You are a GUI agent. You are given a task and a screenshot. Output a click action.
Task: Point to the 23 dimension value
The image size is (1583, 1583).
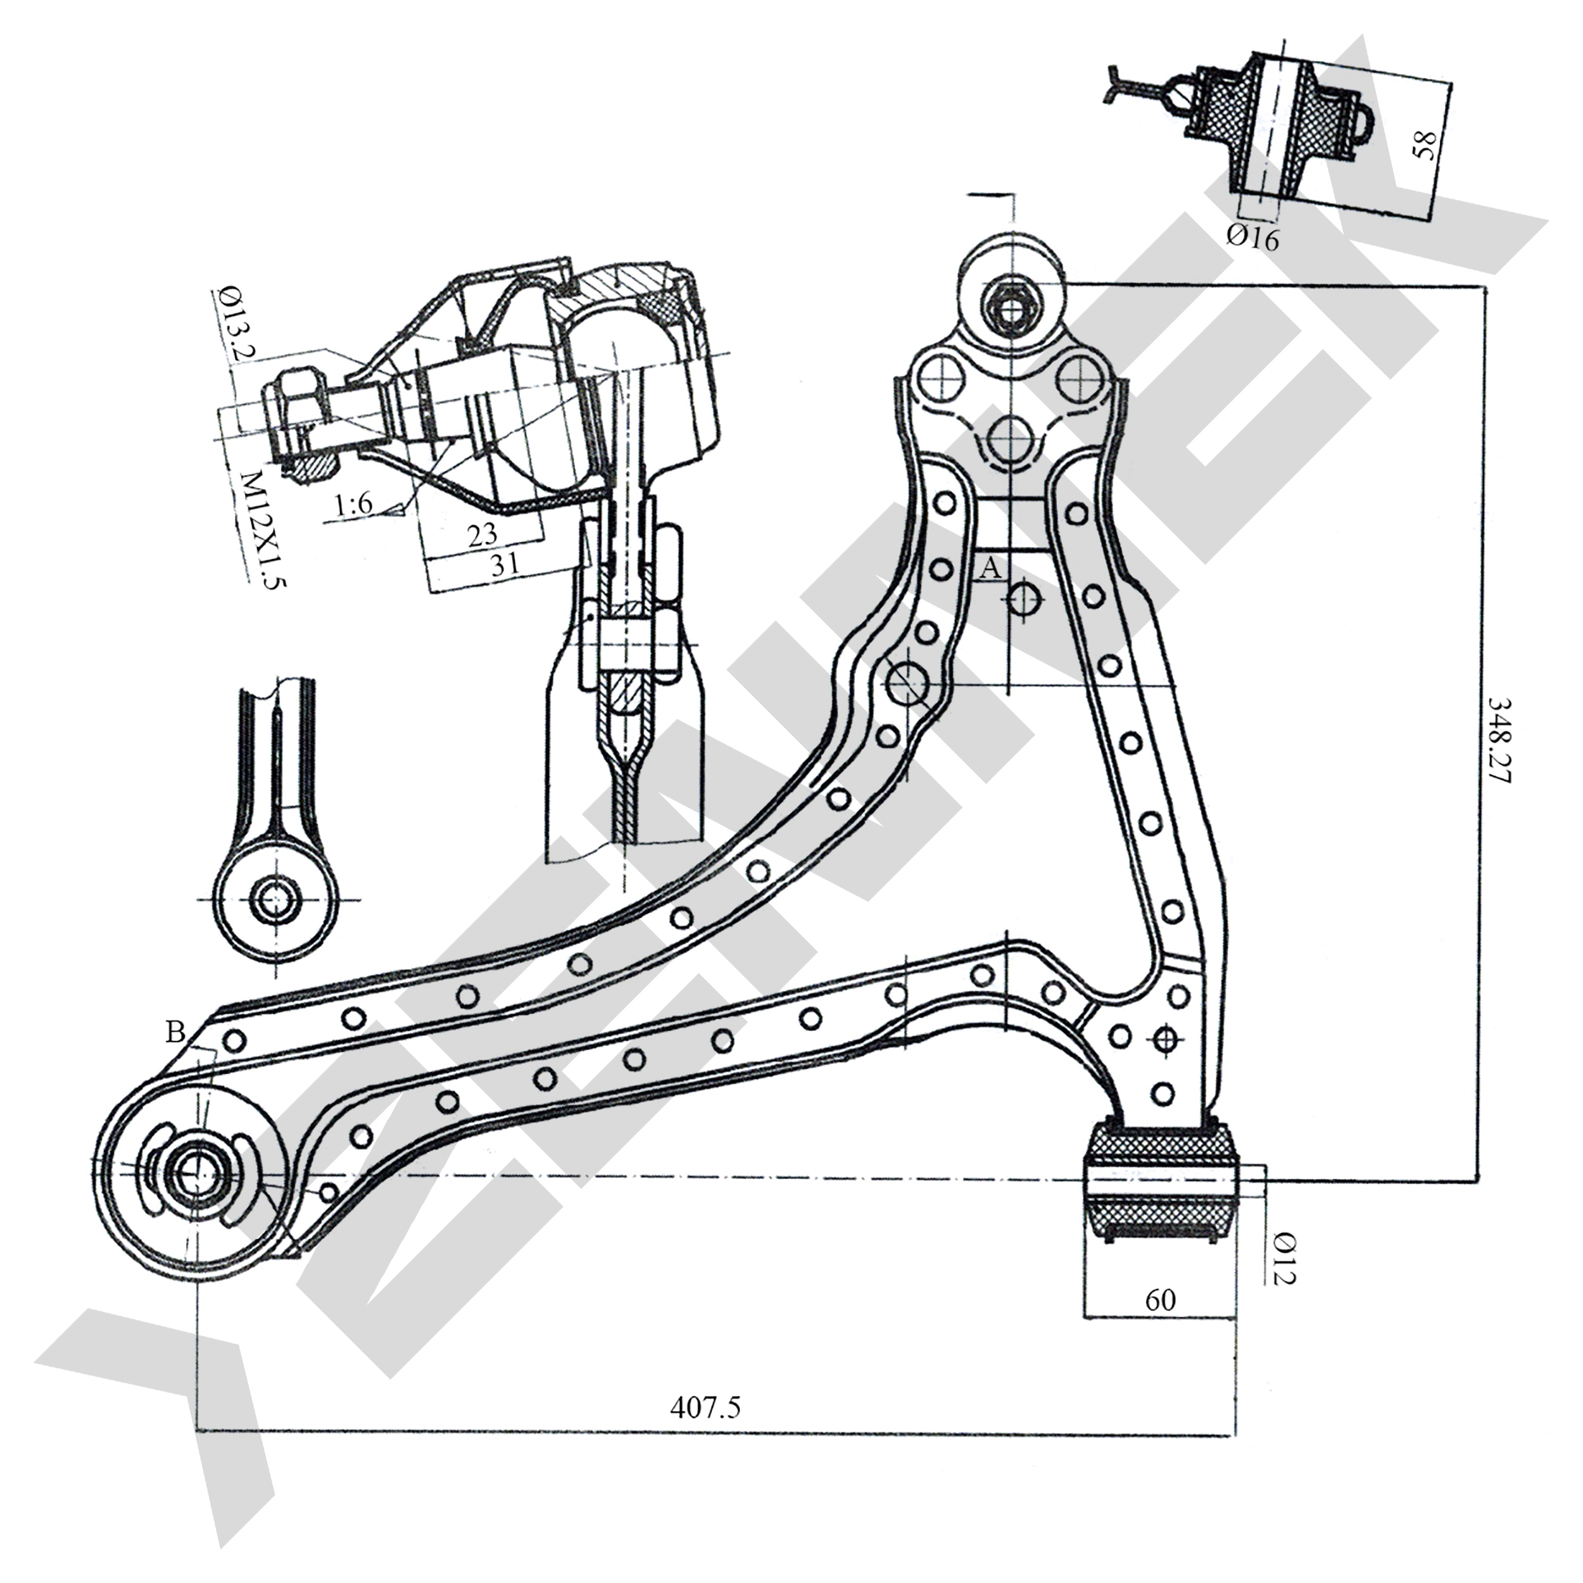coord(482,534)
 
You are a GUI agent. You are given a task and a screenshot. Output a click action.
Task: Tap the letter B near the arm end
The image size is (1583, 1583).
coord(175,1032)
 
